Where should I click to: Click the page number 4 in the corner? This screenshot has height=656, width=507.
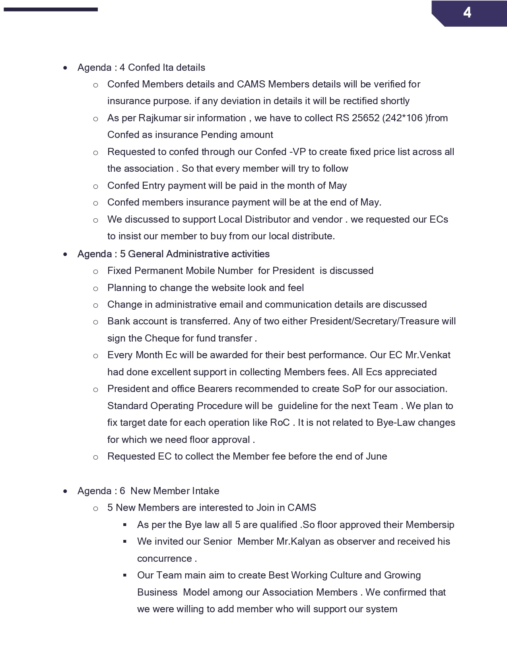point(467,13)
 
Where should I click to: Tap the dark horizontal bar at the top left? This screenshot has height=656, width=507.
point(51,9)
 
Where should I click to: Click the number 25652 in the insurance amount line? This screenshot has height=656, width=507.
point(365,118)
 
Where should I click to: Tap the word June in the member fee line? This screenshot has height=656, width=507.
point(376,456)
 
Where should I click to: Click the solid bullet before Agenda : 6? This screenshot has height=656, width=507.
point(65,491)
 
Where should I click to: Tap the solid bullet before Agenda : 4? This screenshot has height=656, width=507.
point(65,68)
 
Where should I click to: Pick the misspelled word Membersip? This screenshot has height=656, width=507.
point(430,525)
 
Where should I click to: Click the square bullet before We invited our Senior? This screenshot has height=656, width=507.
point(125,541)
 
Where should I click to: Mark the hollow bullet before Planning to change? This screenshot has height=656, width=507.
point(95,289)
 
